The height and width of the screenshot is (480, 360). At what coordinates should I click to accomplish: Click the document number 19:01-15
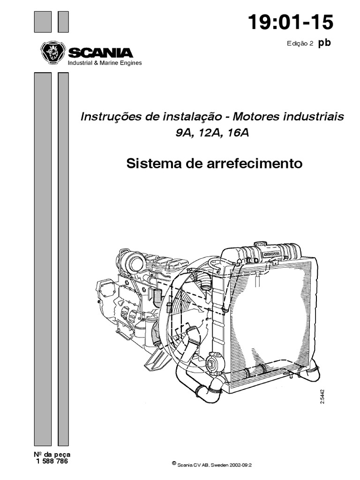[290, 22]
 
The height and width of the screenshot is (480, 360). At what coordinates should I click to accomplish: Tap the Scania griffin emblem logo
[53, 52]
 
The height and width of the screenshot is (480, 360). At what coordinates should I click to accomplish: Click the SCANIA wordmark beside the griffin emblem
[100, 52]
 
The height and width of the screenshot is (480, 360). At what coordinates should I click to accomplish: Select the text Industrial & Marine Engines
[105, 63]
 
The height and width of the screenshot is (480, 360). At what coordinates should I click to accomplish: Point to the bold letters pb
[324, 43]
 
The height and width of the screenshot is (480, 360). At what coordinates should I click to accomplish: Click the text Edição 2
[300, 44]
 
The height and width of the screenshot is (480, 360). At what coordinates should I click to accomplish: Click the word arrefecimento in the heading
[255, 163]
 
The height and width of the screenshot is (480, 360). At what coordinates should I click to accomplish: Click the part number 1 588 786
[52, 461]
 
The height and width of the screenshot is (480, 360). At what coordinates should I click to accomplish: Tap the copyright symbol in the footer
[174, 464]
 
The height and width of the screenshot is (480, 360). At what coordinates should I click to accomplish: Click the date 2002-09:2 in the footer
[240, 465]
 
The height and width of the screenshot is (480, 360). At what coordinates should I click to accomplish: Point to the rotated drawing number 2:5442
[322, 396]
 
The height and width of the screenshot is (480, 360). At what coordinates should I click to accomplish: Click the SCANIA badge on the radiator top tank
[271, 254]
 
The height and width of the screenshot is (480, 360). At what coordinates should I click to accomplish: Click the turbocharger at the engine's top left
[134, 261]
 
